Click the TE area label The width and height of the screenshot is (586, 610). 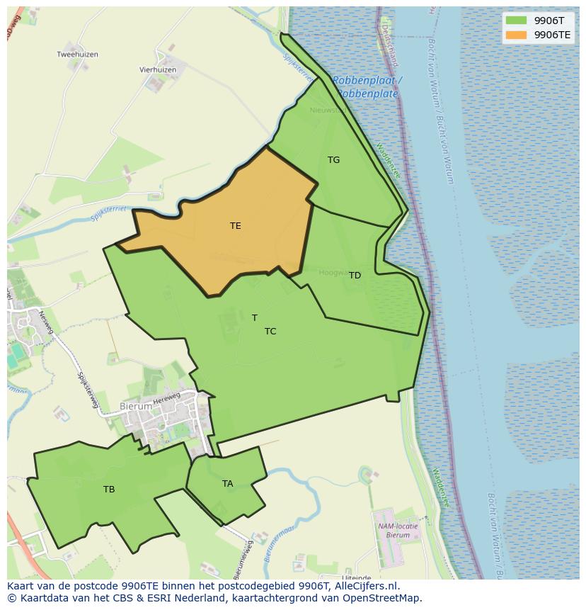pyautogui.click(x=236, y=226)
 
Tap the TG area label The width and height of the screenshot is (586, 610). pyautogui.click(x=333, y=160)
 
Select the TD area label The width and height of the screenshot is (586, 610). pyautogui.click(x=355, y=276)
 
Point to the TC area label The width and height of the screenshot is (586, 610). pyautogui.click(x=270, y=332)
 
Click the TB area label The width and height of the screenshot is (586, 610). pyautogui.click(x=109, y=490)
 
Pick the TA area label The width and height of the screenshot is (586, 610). pyautogui.click(x=227, y=484)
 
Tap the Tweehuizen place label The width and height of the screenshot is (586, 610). pyautogui.click(x=77, y=55)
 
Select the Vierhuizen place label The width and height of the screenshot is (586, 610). pyautogui.click(x=158, y=70)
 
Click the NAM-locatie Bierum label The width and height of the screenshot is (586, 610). pyautogui.click(x=398, y=531)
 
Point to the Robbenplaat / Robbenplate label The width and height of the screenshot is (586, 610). pyautogui.click(x=367, y=87)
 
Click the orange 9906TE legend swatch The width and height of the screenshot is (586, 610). pyautogui.click(x=516, y=35)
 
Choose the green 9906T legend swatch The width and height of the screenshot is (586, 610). pyautogui.click(x=516, y=21)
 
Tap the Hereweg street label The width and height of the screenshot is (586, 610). pyautogui.click(x=168, y=399)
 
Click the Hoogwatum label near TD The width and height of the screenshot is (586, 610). pyautogui.click(x=333, y=273)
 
